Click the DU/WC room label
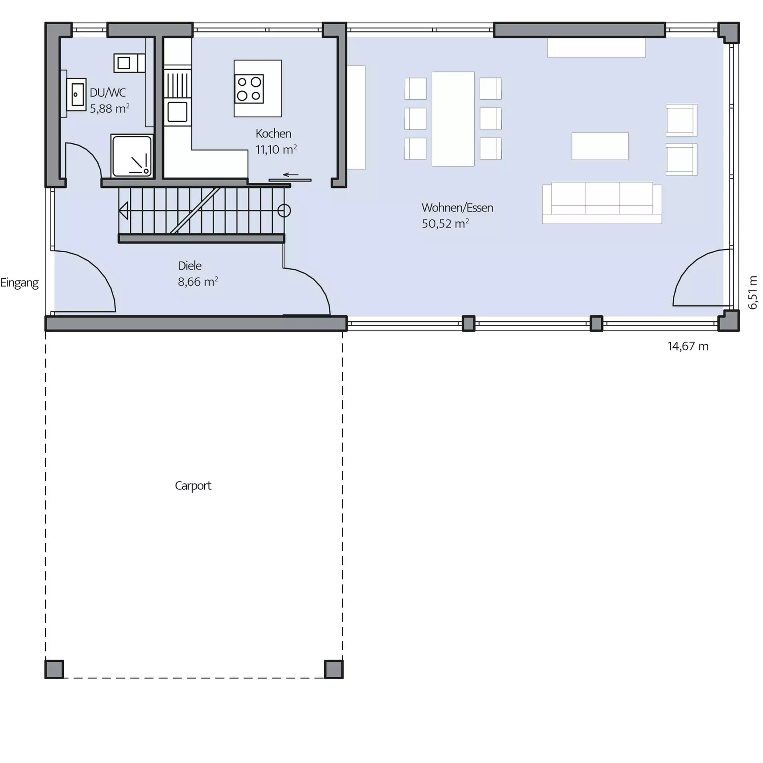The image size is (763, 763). coord(108,93)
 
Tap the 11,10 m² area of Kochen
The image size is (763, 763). coord(276,149)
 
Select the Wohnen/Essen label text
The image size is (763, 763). coord(457,207)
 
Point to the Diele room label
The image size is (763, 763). coord(189,265)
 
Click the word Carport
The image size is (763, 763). coord(193,485)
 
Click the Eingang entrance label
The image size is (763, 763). coord(19,283)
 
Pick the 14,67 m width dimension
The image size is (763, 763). coord(688,346)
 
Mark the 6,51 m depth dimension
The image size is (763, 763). coord(753,292)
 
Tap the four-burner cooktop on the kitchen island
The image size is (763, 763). coord(249,89)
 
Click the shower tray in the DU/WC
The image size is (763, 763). coord(132,156)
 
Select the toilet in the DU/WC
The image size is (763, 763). coord(129,63)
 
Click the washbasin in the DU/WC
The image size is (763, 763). coord(76,95)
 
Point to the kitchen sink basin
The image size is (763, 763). coord(177,112)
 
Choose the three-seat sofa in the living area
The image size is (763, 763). coord(602,203)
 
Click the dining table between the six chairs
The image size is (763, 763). coord(453,119)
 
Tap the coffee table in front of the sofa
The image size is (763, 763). coord(600,146)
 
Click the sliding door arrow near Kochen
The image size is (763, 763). coord(290,175)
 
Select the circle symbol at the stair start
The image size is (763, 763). coord(284,211)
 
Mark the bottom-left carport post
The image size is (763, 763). coord(54,669)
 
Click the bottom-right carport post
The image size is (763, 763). coord(334,669)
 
